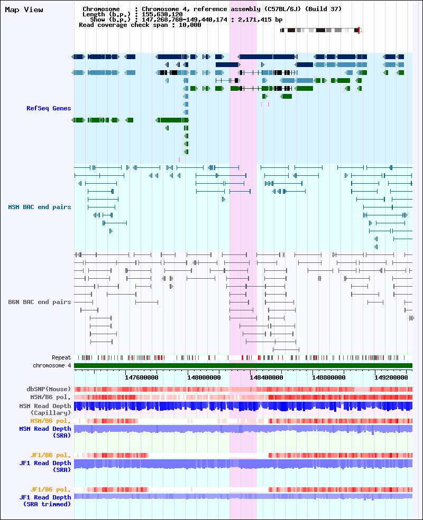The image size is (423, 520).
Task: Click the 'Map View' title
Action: click(x=24, y=10)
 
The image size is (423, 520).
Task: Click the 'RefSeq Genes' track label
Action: click(x=49, y=108)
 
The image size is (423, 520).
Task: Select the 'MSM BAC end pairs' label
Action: click(x=40, y=207)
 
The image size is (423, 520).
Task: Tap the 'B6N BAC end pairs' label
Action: click(x=40, y=302)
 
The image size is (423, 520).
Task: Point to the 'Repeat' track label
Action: click(x=61, y=357)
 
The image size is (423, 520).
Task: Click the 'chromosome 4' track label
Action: click(x=52, y=365)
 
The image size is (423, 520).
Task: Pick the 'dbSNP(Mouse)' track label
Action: click(x=49, y=389)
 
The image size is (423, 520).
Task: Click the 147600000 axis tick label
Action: click(x=142, y=377)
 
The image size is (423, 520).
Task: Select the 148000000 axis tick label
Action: click(x=204, y=377)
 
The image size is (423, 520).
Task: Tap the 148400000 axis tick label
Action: click(x=266, y=377)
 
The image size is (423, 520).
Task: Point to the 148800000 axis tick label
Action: click(x=329, y=377)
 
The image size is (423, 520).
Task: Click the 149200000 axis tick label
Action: click(x=391, y=377)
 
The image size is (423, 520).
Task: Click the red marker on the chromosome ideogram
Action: click(x=358, y=31)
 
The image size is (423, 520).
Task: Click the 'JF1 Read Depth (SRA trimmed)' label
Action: click(x=45, y=501)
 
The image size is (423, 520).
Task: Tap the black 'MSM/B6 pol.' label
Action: click(x=51, y=398)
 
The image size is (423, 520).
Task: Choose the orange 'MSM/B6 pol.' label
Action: click(x=51, y=421)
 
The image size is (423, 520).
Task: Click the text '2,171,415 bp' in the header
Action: click(x=260, y=20)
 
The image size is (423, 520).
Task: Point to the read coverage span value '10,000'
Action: click(x=190, y=25)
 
